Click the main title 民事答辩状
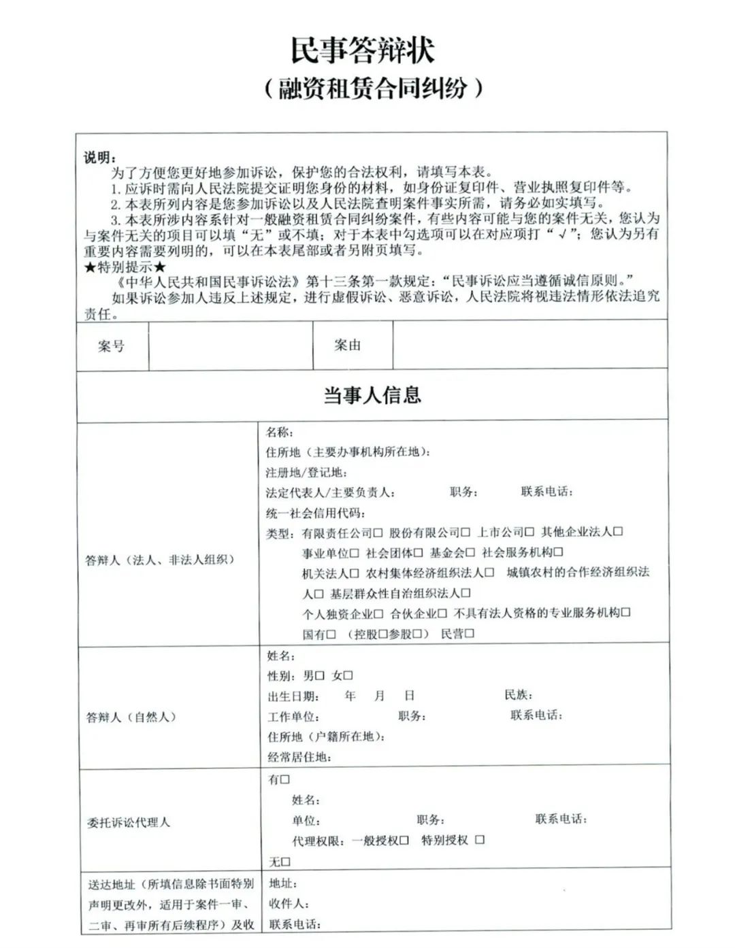click(362, 50)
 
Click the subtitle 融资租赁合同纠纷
click(373, 88)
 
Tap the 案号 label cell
click(112, 346)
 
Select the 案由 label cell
click(347, 345)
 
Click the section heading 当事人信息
click(372, 395)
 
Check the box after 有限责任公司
click(378, 532)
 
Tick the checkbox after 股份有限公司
click(466, 532)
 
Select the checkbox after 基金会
click(470, 553)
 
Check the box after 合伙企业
click(442, 613)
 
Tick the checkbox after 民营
click(470, 634)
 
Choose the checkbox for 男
click(320, 676)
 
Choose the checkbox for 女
click(348, 676)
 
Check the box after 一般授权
click(404, 841)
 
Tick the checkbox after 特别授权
click(480, 840)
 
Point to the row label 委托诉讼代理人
click(128, 822)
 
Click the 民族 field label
click(518, 695)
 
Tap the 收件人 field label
click(289, 904)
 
